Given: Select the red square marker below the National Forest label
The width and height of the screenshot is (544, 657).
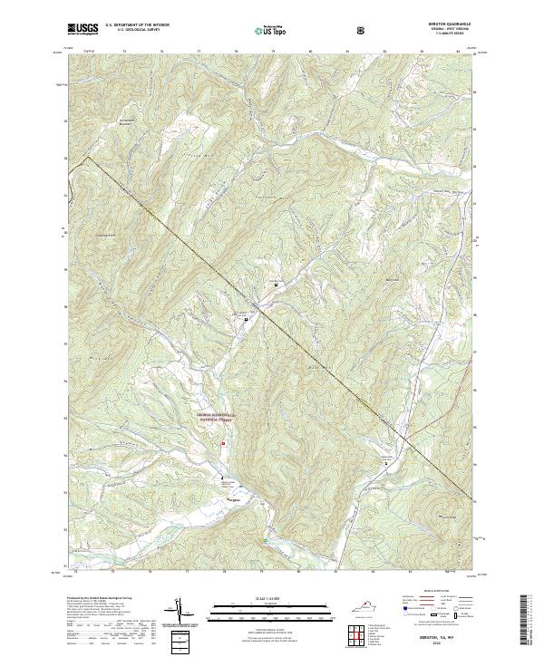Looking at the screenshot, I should click(x=223, y=443).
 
